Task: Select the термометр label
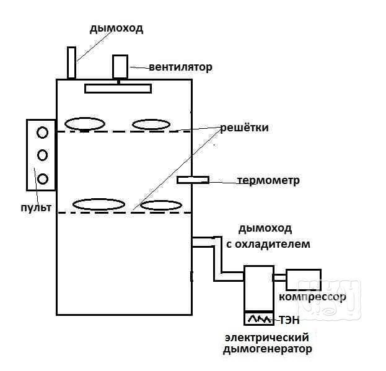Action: [x=268, y=181]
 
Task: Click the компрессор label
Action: [x=312, y=297]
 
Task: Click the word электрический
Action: [x=266, y=338]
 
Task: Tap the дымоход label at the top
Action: [x=116, y=28]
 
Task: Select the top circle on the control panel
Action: [x=42, y=132]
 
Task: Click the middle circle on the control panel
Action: [x=42, y=155]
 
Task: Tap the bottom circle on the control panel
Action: [x=42, y=179]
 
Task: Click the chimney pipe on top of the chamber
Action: [x=72, y=63]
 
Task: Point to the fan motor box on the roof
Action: [x=120, y=66]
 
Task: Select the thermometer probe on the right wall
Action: [x=193, y=180]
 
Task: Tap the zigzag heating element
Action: [x=259, y=319]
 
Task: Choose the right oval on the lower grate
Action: [x=160, y=205]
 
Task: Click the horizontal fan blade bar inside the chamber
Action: [x=118, y=88]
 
